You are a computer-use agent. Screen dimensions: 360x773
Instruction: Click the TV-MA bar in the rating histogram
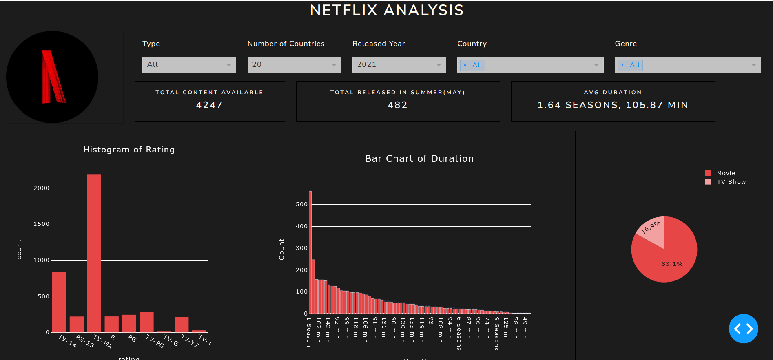[x=94, y=253]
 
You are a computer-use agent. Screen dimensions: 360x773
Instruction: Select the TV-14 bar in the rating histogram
[x=59, y=302]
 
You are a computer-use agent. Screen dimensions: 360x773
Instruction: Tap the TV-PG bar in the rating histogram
[x=146, y=322]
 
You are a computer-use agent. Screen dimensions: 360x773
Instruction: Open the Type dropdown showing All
[x=189, y=65]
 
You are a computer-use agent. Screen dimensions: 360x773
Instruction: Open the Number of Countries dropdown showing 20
[x=294, y=65]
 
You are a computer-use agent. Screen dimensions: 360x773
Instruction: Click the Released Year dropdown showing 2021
[x=399, y=65]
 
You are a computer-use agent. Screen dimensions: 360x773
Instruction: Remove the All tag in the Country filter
[x=465, y=65]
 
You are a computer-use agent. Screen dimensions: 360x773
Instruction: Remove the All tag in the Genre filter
[x=622, y=65]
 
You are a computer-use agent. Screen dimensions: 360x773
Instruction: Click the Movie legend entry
[x=726, y=173]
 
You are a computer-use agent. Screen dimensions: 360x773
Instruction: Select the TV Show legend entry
[x=731, y=182]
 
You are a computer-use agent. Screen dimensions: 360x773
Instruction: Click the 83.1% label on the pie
[x=672, y=264]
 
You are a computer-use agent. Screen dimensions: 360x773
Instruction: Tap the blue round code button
[x=743, y=329]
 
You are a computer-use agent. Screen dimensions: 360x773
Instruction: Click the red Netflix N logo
[x=53, y=77]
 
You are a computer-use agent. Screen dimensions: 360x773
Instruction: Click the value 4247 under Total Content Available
[x=209, y=105]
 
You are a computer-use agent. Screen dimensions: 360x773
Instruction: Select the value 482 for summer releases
[x=398, y=105]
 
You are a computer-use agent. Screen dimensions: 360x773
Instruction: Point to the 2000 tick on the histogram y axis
[x=41, y=188]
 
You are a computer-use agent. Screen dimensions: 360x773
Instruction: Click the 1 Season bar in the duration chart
[x=310, y=253]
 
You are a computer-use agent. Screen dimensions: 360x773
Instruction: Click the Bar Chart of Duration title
[x=419, y=159]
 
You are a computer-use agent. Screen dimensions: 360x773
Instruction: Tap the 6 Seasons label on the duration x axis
[x=459, y=333]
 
